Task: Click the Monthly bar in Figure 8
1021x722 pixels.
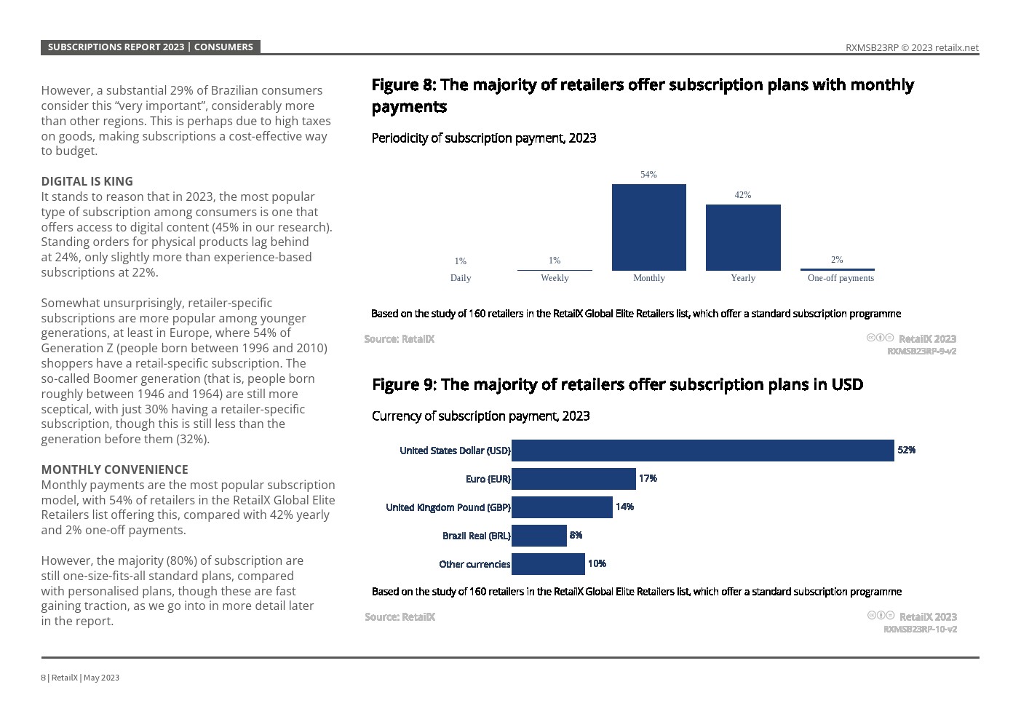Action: click(648, 227)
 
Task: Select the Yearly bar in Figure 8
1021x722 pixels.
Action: click(743, 237)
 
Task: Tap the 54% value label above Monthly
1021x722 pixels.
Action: click(648, 175)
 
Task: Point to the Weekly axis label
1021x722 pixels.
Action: click(555, 278)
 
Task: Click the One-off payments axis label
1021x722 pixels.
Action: click(841, 278)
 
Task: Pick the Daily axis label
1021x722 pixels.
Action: click(461, 278)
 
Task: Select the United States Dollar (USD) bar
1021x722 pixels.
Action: click(702, 451)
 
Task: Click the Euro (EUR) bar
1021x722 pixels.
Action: click(573, 479)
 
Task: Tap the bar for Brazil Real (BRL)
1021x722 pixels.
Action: click(539, 536)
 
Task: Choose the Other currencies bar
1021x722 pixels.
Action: click(548, 564)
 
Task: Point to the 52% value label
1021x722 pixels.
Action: click(906, 451)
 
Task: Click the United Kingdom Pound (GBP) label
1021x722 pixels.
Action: click(448, 507)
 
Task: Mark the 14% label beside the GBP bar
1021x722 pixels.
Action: click(624, 507)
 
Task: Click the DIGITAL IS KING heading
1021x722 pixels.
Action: click(87, 181)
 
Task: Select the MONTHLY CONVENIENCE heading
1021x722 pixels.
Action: click(114, 469)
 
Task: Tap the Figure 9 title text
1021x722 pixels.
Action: click(617, 384)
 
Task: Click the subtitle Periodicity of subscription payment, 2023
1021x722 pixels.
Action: click(483, 138)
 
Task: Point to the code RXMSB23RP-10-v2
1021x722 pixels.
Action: click(920, 630)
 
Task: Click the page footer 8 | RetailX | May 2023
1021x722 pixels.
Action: click(80, 678)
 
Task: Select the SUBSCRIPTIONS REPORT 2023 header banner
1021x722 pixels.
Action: click(150, 47)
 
